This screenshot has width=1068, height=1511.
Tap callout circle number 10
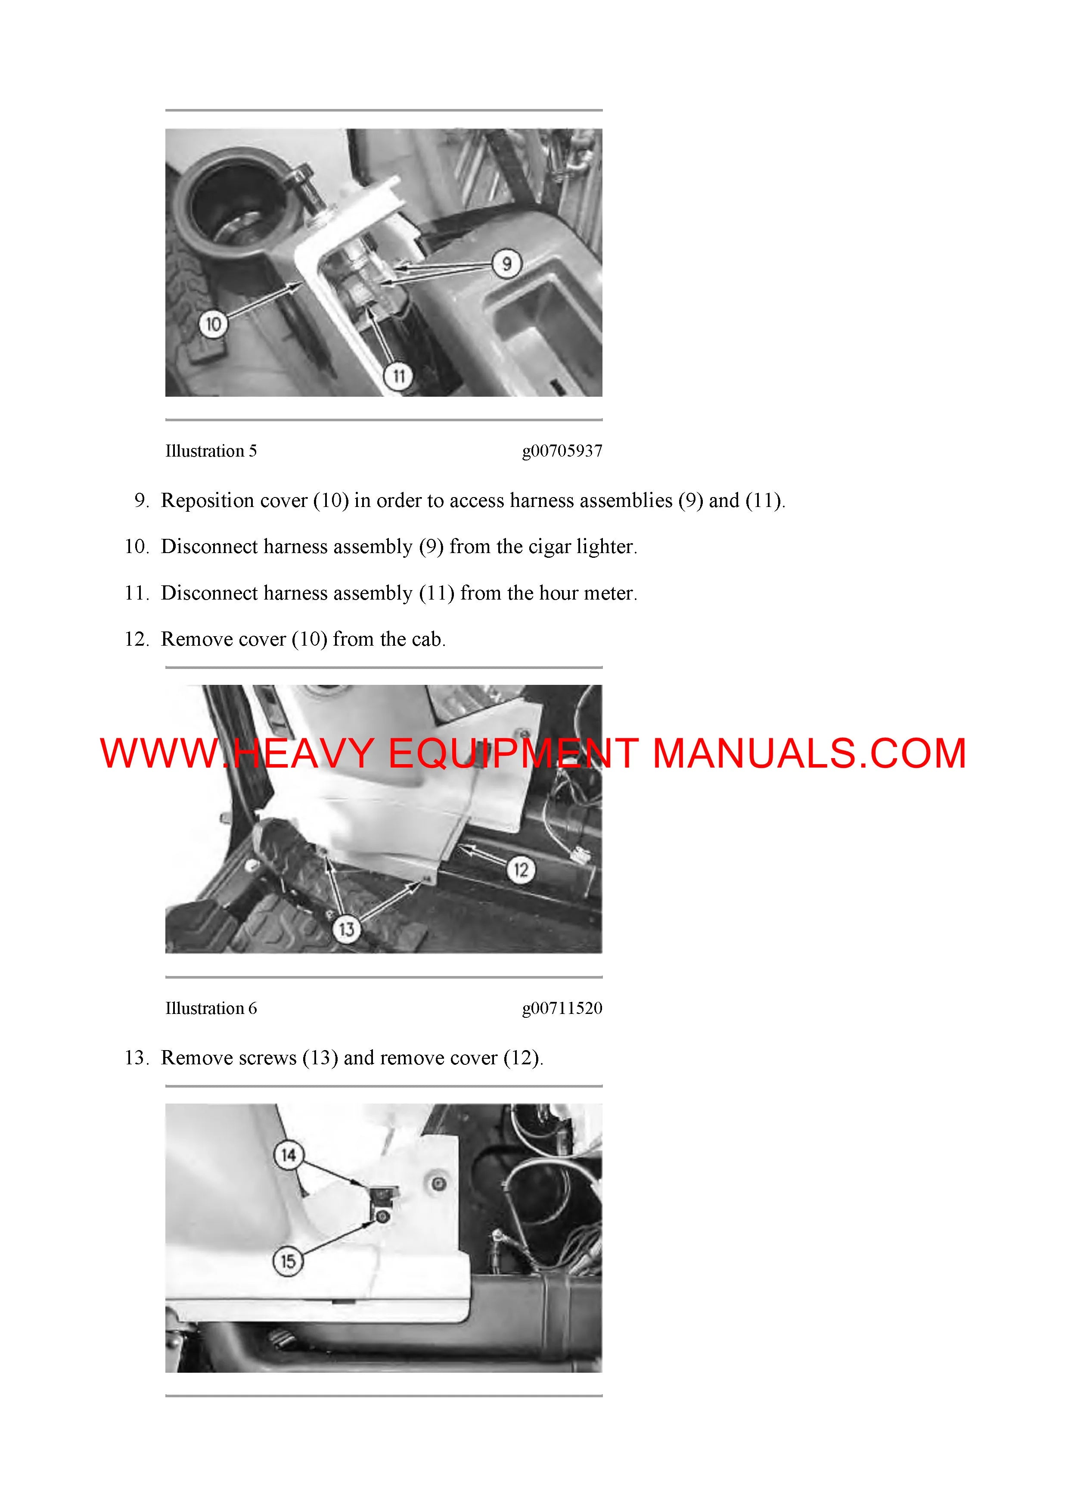(213, 324)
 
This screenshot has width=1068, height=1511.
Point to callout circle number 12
(521, 870)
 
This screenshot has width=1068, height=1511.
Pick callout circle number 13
(346, 929)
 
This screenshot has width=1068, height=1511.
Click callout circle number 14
(288, 1155)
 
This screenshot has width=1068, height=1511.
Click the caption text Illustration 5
(211, 451)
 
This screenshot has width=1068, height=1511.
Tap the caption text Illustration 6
(211, 1008)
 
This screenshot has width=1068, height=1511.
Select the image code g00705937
(562, 451)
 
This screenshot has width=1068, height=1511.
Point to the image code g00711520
(562, 1009)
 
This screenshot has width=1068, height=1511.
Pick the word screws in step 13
(267, 1058)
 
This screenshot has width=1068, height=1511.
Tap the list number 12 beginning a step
(137, 639)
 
